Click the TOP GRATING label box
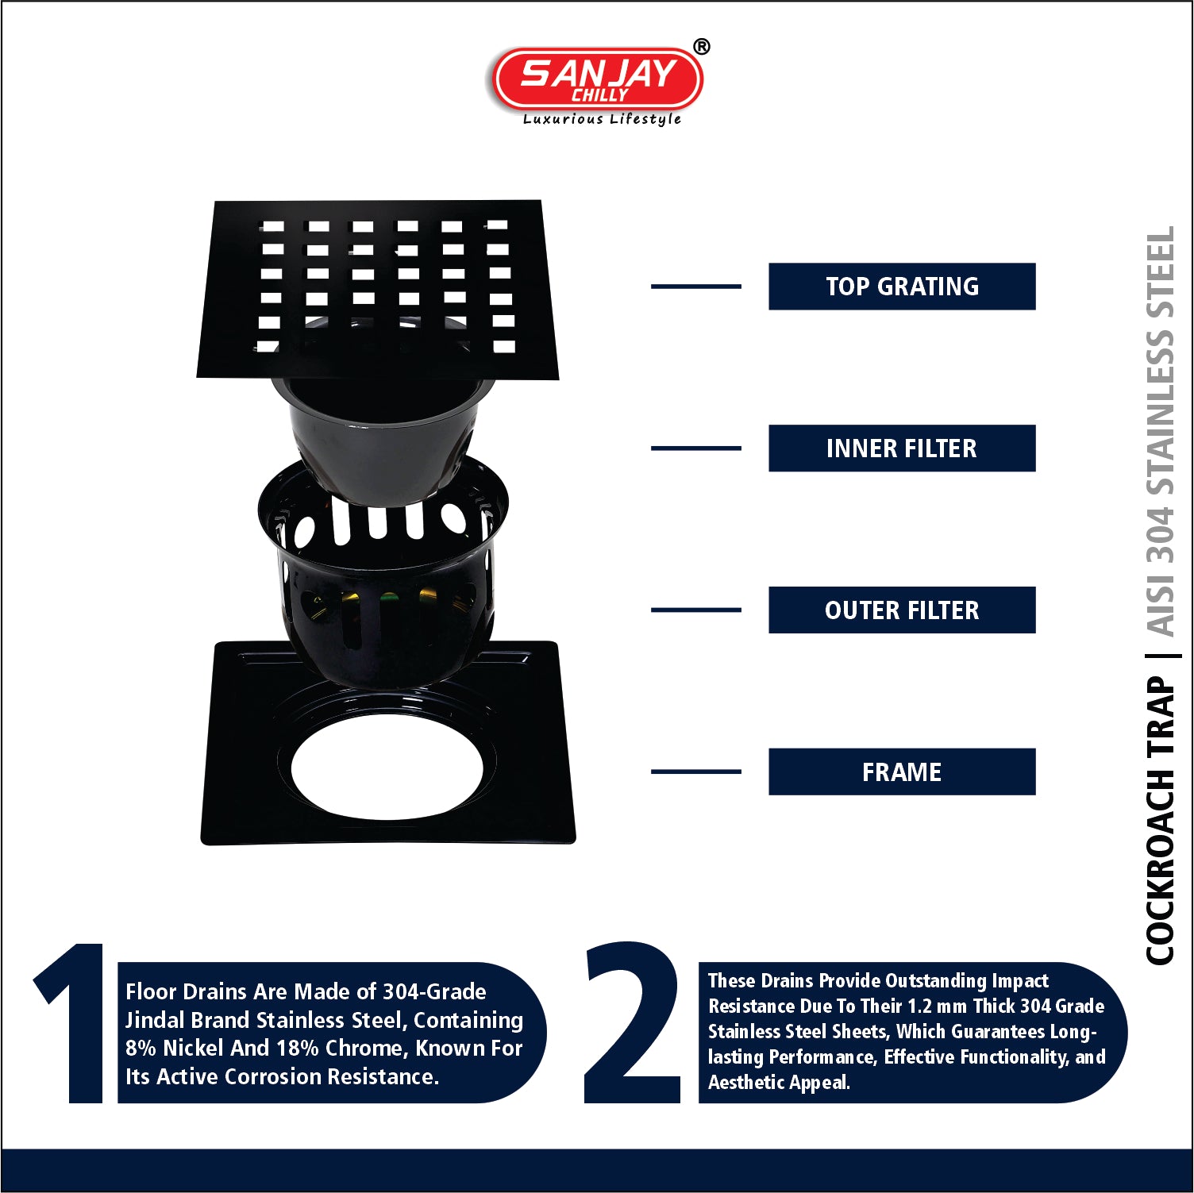[x=902, y=287]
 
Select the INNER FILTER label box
[x=902, y=448]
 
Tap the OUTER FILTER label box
[x=902, y=610]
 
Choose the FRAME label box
[x=902, y=772]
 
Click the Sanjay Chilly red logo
[x=598, y=79]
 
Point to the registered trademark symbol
[x=702, y=47]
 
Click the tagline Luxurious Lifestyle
[x=602, y=119]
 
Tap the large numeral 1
[x=73, y=1023]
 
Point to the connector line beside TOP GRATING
[x=696, y=287]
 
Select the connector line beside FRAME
[x=696, y=772]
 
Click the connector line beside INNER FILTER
[x=696, y=448]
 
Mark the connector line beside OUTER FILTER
[x=696, y=610]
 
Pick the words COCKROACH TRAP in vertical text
[x=1160, y=821]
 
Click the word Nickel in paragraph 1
[x=194, y=1049]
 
